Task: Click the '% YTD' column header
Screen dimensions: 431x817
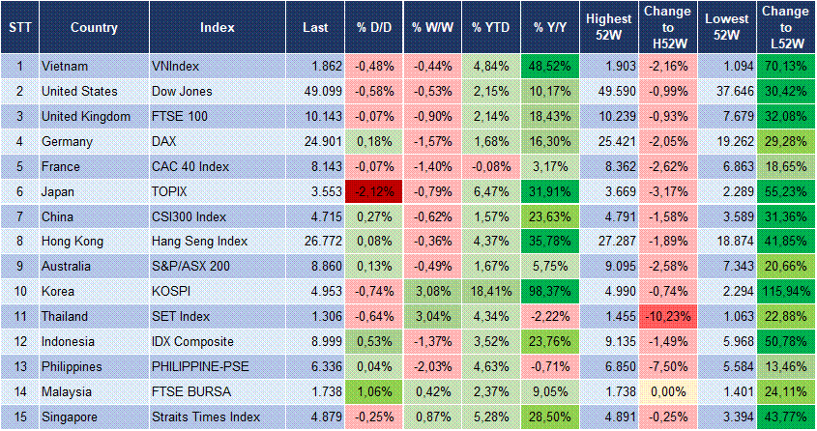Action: point(491,27)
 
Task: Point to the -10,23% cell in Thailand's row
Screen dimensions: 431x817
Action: point(667,316)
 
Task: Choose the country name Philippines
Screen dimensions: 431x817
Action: point(73,366)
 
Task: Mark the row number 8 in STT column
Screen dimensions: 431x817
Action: point(18,242)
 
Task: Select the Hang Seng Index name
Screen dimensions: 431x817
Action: point(199,242)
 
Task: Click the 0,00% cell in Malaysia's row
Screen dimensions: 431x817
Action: point(667,391)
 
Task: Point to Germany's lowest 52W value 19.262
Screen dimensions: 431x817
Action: point(727,142)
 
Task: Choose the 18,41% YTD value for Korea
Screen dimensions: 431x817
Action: point(491,291)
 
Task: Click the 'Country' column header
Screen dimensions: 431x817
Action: point(94,27)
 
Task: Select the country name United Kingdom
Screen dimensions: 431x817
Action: point(86,117)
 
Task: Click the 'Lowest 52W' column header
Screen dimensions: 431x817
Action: point(726,27)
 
